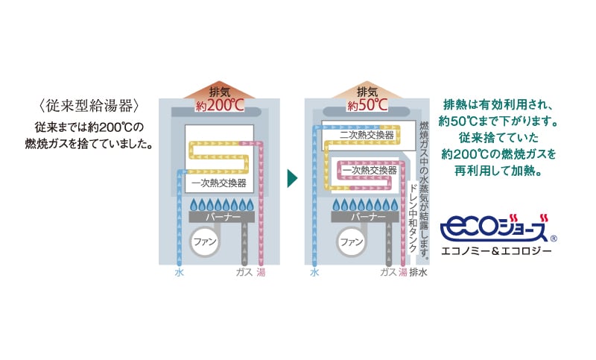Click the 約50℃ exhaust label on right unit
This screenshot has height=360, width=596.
[x=367, y=105]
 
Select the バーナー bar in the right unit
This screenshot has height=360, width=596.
[x=367, y=217]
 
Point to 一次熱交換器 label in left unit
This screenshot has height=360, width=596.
[x=218, y=182]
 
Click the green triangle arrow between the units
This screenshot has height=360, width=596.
[x=292, y=179]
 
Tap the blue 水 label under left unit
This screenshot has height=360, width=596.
[x=179, y=273]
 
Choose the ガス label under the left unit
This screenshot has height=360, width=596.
[x=244, y=273]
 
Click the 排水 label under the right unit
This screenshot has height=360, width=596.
[x=418, y=273]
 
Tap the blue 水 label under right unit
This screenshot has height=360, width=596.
[x=315, y=273]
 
